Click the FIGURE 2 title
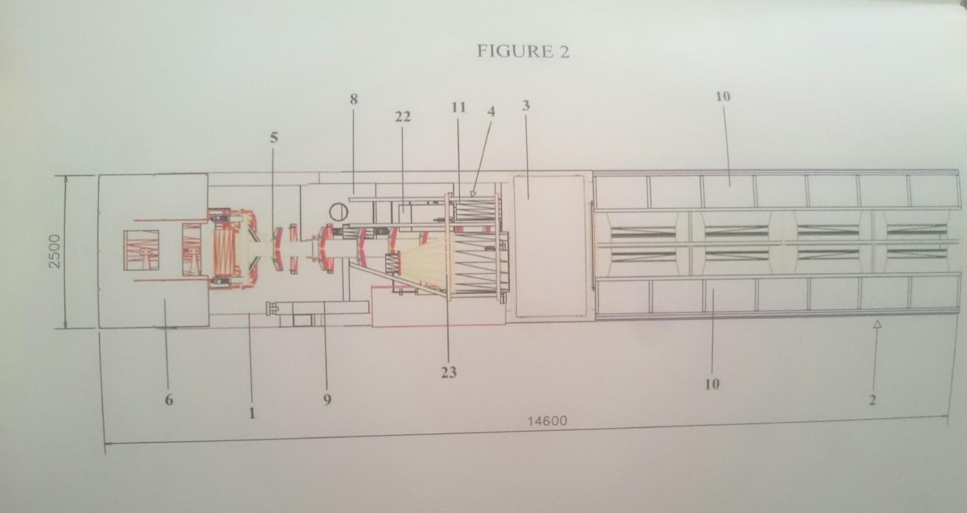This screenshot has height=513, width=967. (x=523, y=51)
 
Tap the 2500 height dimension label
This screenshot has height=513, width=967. (x=55, y=252)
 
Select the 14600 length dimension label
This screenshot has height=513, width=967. (x=547, y=420)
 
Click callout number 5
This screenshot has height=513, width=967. (x=274, y=138)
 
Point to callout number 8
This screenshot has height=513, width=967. (x=354, y=99)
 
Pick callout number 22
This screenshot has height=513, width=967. (x=403, y=117)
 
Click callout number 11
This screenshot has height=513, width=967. (x=459, y=107)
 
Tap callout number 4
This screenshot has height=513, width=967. (x=491, y=111)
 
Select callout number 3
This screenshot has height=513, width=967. (x=526, y=105)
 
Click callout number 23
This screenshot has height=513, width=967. (x=449, y=372)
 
